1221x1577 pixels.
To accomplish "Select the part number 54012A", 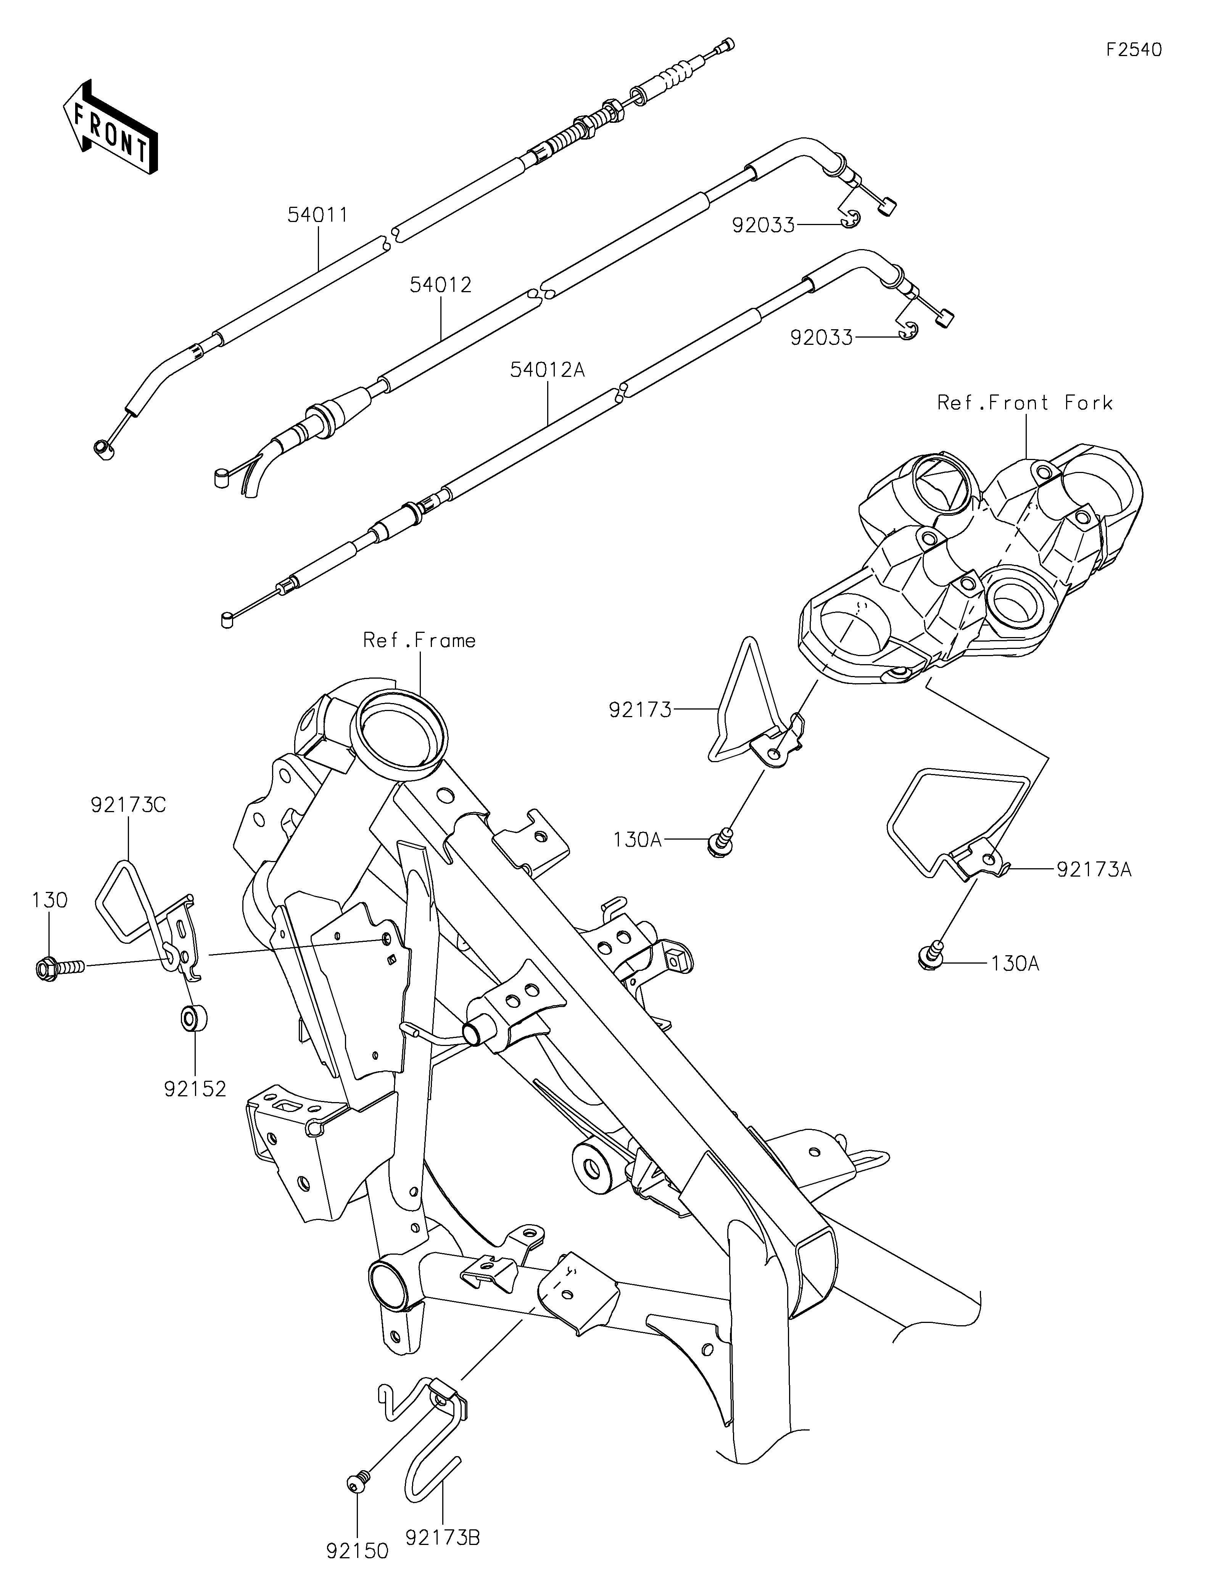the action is [547, 370].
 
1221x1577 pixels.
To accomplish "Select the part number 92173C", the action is [129, 805].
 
